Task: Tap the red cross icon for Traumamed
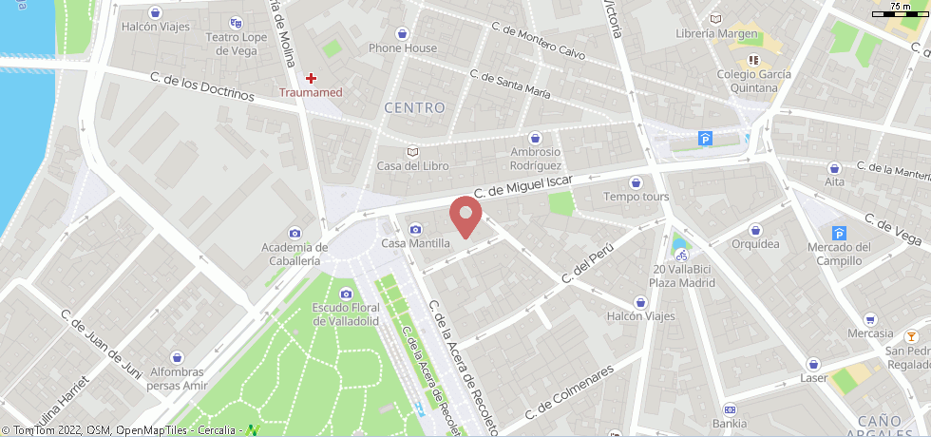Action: point(311,77)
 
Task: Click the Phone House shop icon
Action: point(403,32)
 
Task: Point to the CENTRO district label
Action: point(414,108)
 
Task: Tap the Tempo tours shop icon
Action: point(636,182)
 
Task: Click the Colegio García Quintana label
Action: point(754,82)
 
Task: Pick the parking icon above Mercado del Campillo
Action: point(838,233)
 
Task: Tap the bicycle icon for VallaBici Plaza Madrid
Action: point(680,255)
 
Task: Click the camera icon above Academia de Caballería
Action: point(294,233)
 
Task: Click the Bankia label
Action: point(729,423)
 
